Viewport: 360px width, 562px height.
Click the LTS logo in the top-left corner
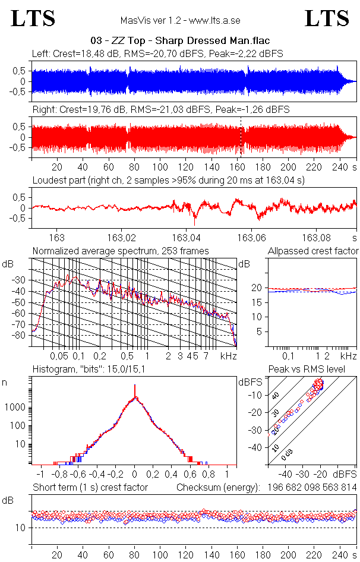point(33,19)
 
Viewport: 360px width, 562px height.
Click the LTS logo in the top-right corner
point(327,19)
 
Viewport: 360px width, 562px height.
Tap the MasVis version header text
point(180,20)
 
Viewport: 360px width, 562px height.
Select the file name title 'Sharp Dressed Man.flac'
point(180,41)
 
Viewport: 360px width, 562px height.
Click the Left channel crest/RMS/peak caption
point(157,53)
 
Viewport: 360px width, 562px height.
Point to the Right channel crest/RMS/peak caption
point(161,109)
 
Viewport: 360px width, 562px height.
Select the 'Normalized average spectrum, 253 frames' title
point(121,251)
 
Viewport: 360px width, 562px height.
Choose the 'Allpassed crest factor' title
point(313,251)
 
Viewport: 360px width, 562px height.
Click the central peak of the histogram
point(135,392)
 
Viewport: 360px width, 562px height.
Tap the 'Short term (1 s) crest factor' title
point(90,488)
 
